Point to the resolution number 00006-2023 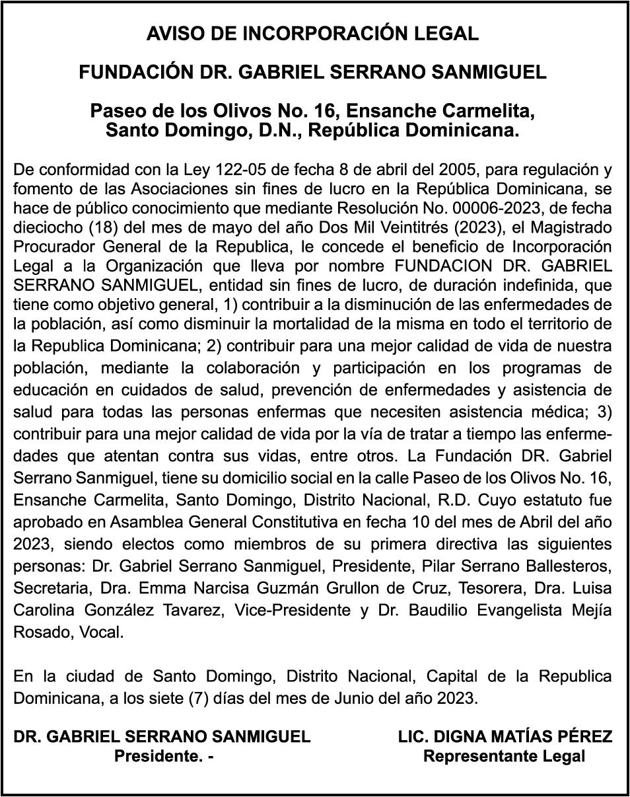(493, 208)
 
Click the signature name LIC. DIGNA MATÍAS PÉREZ (505, 736)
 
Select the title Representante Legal (504, 756)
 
